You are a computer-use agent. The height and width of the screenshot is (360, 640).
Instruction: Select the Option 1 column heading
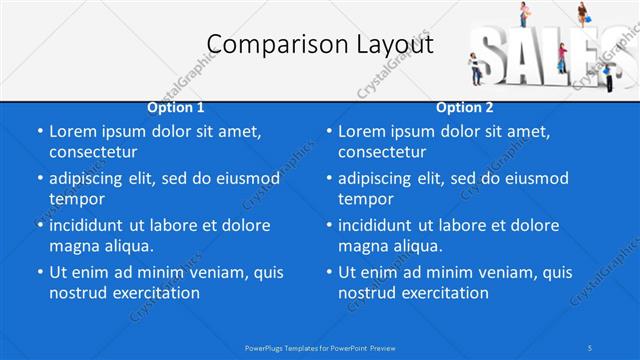tap(176, 107)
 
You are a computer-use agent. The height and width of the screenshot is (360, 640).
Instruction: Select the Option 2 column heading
tap(465, 107)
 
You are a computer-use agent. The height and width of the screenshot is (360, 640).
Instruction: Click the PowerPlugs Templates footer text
tap(320, 347)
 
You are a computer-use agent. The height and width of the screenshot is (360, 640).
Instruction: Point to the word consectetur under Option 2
tap(382, 152)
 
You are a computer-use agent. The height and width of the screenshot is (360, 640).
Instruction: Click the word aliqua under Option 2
tap(415, 245)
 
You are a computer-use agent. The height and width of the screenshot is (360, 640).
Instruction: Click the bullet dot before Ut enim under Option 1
tap(39, 272)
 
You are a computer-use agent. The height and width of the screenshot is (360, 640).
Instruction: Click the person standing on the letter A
tap(523, 14)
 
